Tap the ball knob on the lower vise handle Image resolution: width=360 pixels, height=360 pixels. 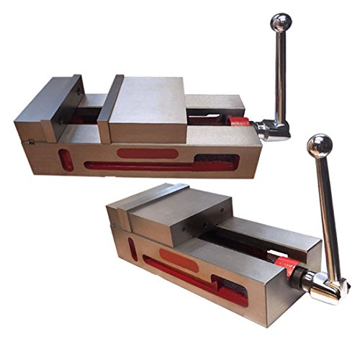[x=320, y=147]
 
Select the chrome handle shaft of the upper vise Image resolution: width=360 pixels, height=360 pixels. [x=279, y=72]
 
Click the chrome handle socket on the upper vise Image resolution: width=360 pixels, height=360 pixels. [x=272, y=129]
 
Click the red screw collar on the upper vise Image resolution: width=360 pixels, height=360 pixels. [x=241, y=122]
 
